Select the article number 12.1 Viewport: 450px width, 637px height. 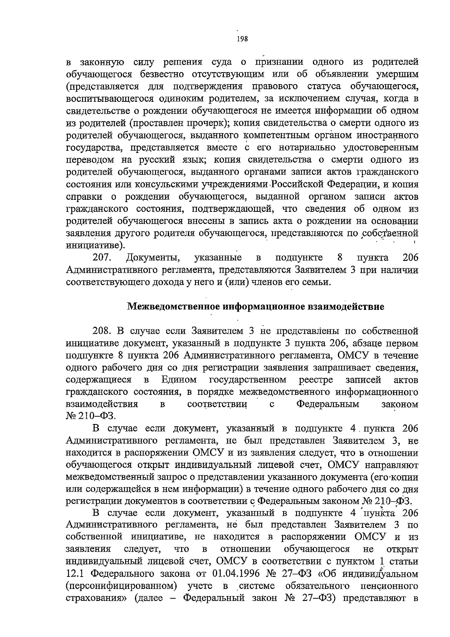76,574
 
